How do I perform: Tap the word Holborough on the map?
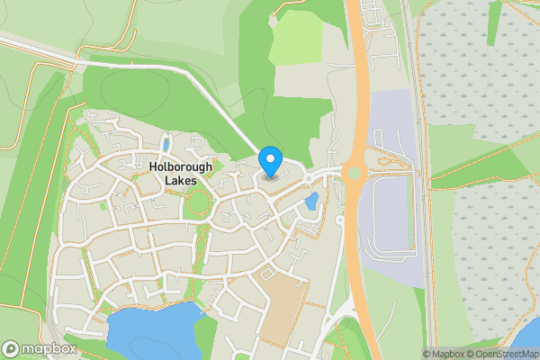pyautogui.click(x=180, y=166)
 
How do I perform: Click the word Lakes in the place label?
pyautogui.click(x=180, y=181)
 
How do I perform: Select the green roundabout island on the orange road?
pyautogui.click(x=354, y=171)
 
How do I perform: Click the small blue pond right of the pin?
pyautogui.click(x=311, y=202)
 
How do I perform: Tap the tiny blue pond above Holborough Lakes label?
pyautogui.click(x=166, y=144)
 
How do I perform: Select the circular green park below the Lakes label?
pyautogui.click(x=195, y=206)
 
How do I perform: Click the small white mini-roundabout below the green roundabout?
pyautogui.click(x=339, y=220)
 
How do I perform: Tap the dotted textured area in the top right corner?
pyautogui.click(x=477, y=63)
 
